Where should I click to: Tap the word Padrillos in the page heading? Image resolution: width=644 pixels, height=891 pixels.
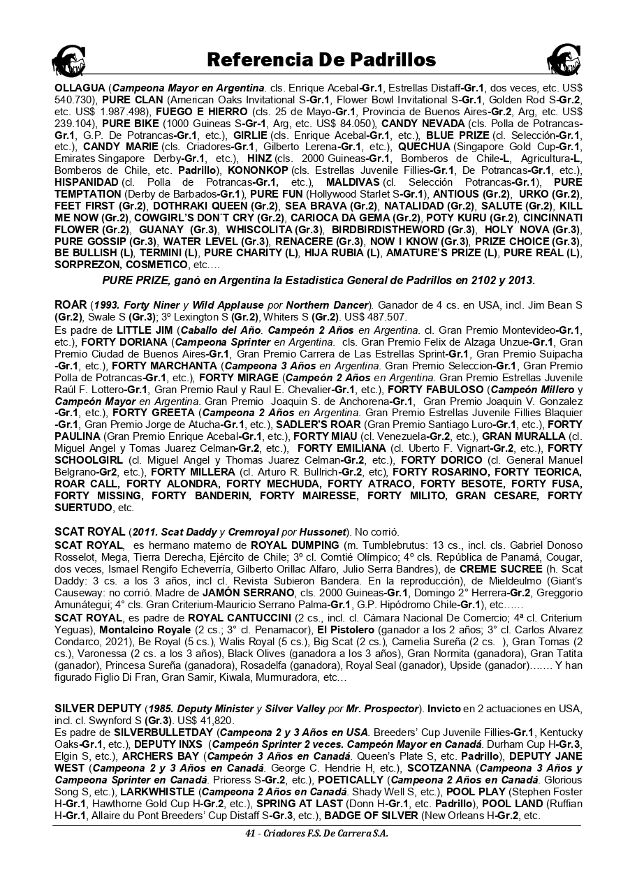383,61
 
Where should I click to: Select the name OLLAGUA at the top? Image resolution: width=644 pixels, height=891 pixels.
80,89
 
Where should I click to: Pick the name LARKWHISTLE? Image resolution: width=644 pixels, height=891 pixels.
157,792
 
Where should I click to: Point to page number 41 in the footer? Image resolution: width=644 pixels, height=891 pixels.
249,834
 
